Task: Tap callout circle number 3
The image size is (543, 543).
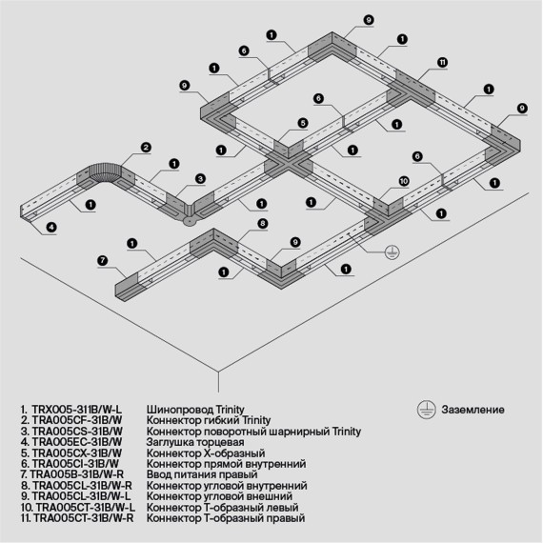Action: [x=201, y=178]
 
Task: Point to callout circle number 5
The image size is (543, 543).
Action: [x=301, y=123]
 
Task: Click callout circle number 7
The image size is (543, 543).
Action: [x=102, y=259]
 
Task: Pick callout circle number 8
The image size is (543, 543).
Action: [x=262, y=223]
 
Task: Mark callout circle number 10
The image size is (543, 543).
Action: [x=403, y=179]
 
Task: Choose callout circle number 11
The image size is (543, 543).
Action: [x=442, y=62]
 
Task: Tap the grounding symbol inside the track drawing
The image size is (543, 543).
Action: [x=390, y=252]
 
